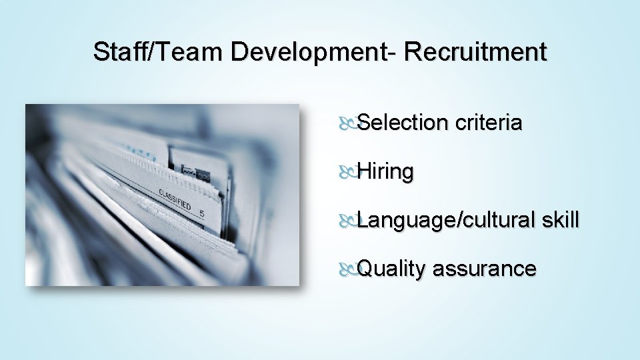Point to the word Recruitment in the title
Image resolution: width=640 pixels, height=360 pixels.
click(x=475, y=52)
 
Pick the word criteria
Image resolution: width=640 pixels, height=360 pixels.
click(x=489, y=123)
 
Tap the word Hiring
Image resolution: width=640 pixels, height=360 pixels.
click(x=386, y=172)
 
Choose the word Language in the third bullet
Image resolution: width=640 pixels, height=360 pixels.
click(x=405, y=221)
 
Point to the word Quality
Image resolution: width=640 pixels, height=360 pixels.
click(x=391, y=269)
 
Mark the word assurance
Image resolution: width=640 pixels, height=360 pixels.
click(x=484, y=269)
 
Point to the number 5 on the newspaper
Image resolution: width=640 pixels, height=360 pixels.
click(x=201, y=213)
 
